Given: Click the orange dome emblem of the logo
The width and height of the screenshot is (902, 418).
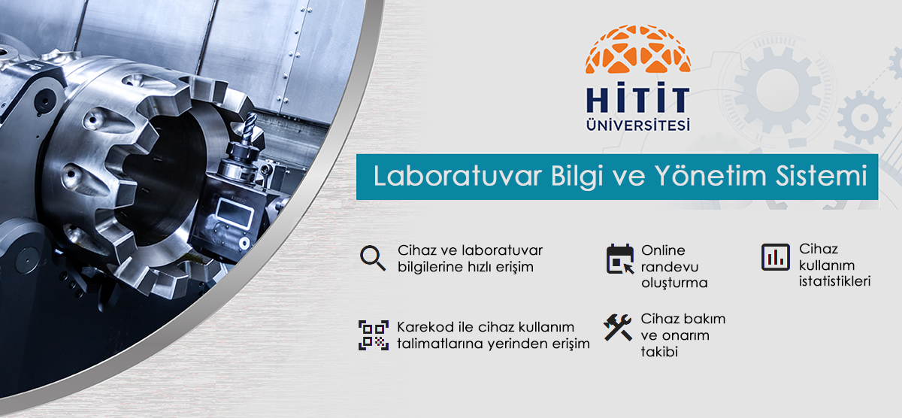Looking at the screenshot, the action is pyautogui.click(x=638, y=50).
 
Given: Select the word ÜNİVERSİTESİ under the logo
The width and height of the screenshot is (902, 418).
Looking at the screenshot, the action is pyautogui.click(x=638, y=124).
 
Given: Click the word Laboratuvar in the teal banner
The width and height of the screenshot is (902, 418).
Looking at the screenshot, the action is pyautogui.click(x=458, y=176).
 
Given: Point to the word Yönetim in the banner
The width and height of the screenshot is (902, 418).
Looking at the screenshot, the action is pyautogui.click(x=710, y=176).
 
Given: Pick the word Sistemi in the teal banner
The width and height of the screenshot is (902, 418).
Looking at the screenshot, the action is pyautogui.click(x=822, y=176).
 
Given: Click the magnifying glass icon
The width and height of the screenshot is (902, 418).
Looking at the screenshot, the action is pyautogui.click(x=373, y=258).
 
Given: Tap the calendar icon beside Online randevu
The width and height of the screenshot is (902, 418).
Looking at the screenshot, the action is pyautogui.click(x=620, y=259).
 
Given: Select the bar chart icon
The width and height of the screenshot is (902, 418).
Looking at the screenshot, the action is pyautogui.click(x=776, y=257).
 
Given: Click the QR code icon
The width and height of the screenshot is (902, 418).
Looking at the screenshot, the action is pyautogui.click(x=374, y=335).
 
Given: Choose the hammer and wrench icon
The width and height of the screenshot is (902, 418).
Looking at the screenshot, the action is pyautogui.click(x=618, y=327).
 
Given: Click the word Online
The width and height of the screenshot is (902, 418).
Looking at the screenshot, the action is pyautogui.click(x=663, y=250).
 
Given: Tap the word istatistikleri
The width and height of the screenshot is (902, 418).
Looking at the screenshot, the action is pyautogui.click(x=835, y=281).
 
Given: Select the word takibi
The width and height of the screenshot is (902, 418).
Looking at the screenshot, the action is pyautogui.click(x=660, y=352).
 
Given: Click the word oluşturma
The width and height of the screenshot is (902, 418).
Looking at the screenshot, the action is pyautogui.click(x=674, y=283).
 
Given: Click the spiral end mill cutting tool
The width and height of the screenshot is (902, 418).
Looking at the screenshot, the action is pyautogui.click(x=250, y=128).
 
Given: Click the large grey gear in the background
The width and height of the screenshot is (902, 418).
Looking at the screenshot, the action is pyautogui.click(x=777, y=91).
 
